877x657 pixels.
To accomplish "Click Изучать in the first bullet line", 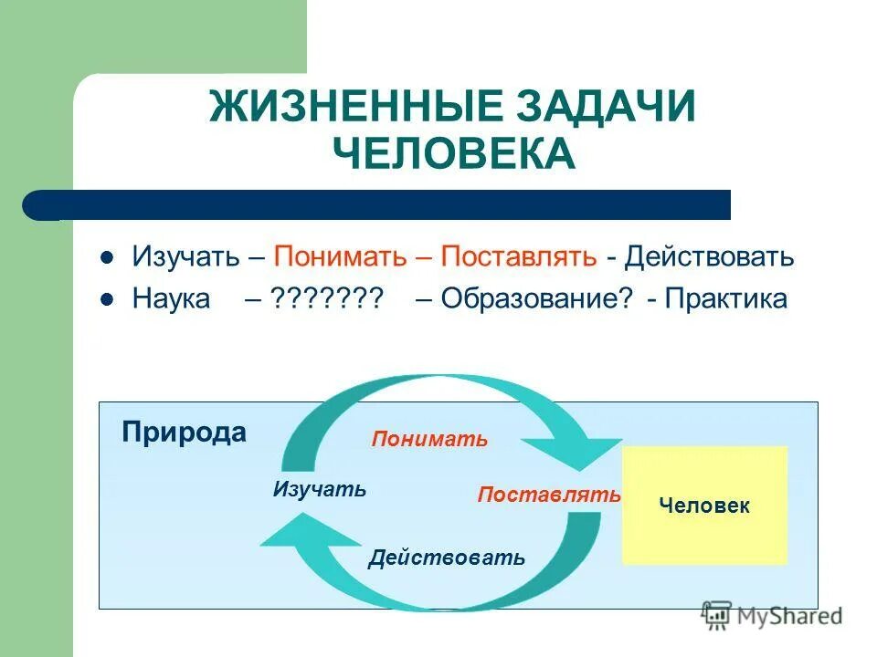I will point(187,256).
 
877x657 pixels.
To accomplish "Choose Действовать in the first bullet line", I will point(709,256).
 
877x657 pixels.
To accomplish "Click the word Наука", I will point(171,299).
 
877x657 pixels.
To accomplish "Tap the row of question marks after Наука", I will point(325,299).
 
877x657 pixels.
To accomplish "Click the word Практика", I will point(725,299).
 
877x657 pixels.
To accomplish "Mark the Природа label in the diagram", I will point(184,432).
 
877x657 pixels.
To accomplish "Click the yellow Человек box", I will point(704,506).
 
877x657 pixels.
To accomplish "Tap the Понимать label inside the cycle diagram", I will point(429,440).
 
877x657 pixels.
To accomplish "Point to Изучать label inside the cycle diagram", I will point(319,490).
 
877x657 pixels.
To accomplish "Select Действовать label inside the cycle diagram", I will point(447,558).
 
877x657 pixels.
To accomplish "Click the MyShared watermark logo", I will point(772,616).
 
